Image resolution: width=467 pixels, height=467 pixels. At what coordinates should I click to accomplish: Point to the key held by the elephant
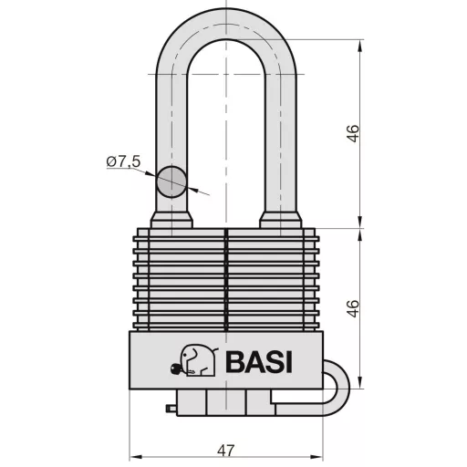pos(174,369)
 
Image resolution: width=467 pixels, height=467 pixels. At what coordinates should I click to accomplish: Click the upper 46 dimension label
pos(353,134)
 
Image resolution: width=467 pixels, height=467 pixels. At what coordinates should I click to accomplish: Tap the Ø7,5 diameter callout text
pos(122,161)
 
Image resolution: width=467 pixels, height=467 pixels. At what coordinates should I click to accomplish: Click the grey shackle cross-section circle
pos(171,182)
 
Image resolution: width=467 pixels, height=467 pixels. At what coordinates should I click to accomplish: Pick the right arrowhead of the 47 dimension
pos(322,453)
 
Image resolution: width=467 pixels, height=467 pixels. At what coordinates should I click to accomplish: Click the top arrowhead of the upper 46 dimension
pos(363,45)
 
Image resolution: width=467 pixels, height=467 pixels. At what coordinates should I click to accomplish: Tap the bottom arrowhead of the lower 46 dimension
pos(363,383)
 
